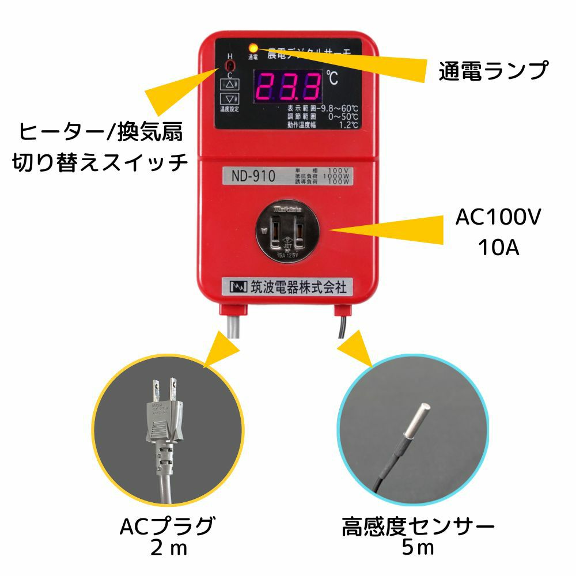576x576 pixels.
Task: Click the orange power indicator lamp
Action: pos(253,47)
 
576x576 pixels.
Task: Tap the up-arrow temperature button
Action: pos(230,84)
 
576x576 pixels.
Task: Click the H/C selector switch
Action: pos(230,66)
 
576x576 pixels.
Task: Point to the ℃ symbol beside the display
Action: pos(332,77)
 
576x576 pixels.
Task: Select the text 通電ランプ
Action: pos(492,71)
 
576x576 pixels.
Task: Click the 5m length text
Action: pos(418,548)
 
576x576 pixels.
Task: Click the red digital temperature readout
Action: pos(288,86)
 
